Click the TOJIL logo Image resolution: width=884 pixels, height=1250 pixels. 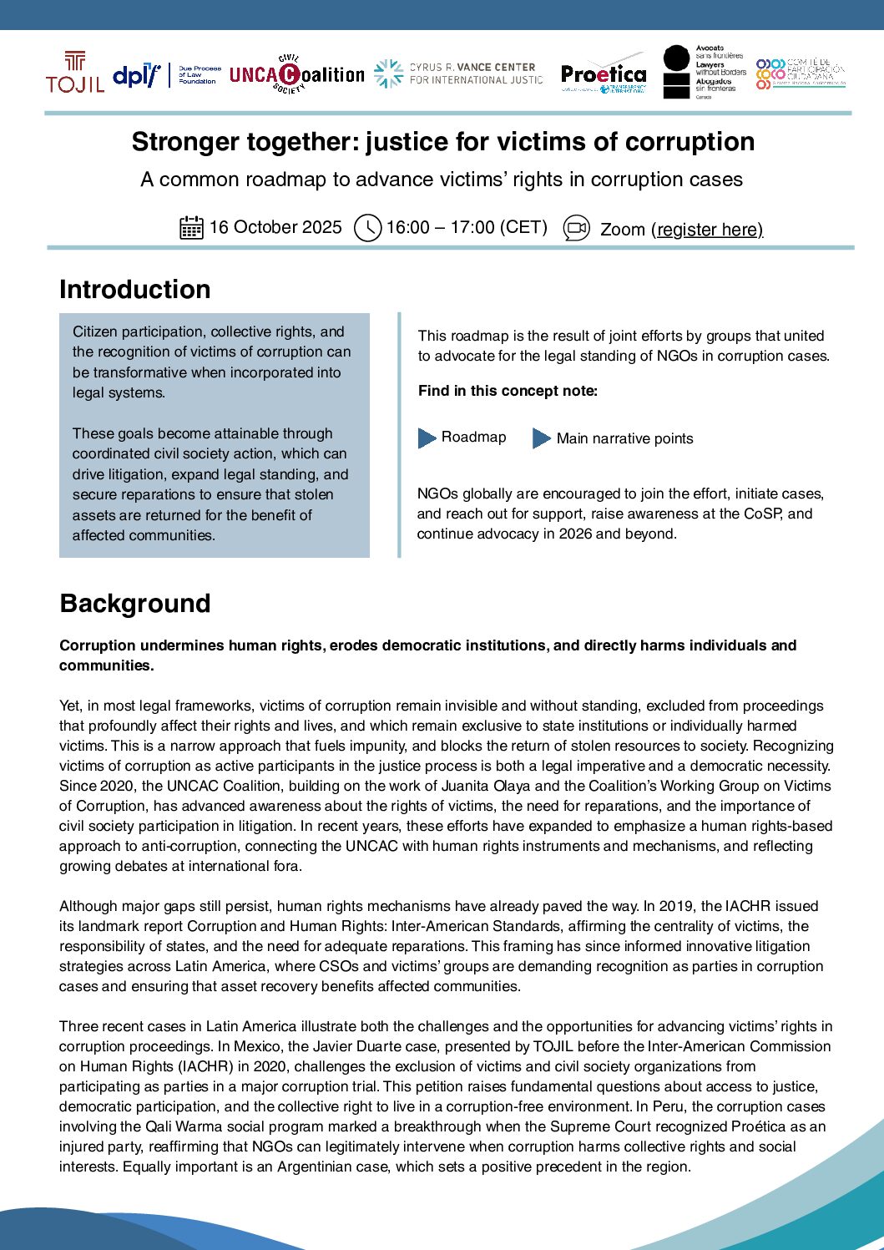[75, 72]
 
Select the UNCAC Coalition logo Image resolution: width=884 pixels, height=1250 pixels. [296, 74]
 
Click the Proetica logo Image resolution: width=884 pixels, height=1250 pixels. [604, 77]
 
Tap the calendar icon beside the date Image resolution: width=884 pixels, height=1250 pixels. [191, 227]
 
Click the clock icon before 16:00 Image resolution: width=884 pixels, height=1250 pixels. [367, 228]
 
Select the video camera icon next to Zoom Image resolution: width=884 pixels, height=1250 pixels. [577, 228]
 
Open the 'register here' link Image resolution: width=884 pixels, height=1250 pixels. [709, 230]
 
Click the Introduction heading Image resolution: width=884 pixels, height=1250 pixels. [134, 290]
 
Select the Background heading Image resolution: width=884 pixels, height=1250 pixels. [134, 604]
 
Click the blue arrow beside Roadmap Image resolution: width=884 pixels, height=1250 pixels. [427, 438]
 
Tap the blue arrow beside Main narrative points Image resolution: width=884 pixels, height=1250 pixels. [542, 438]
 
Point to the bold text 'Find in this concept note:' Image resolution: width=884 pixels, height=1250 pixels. [508, 391]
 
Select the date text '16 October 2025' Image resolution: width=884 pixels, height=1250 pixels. [275, 227]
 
